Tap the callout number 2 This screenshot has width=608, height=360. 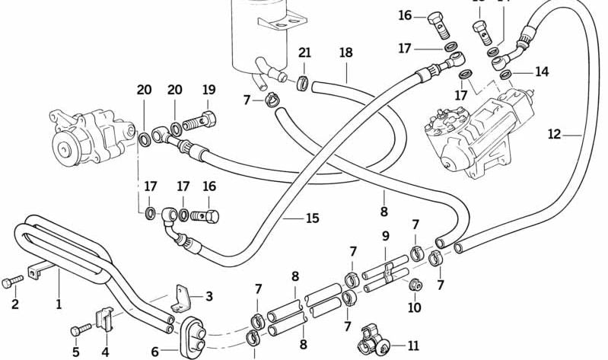14,305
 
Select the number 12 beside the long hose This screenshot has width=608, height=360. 555,135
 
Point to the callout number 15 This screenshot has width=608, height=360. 312,218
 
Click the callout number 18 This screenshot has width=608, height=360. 345,53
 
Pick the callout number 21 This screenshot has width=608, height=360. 304,53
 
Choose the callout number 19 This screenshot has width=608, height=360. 209,90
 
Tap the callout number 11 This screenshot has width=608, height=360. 413,345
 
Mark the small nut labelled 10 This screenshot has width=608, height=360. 415,285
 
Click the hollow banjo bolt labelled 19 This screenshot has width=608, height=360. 202,120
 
